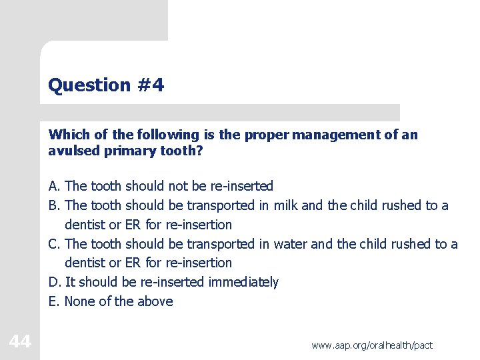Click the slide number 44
click(20, 342)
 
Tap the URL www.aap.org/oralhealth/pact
click(371, 345)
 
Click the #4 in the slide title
click(150, 85)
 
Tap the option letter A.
click(53, 186)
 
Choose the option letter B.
click(53, 205)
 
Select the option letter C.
click(53, 244)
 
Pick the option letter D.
click(53, 282)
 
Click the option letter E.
click(53, 301)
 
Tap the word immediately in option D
click(243, 282)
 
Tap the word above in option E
click(155, 301)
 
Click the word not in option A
click(178, 186)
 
